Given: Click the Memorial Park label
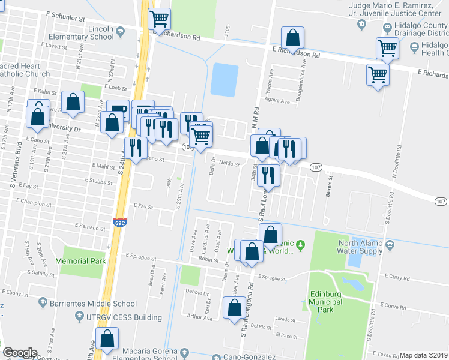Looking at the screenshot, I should pos(80,261).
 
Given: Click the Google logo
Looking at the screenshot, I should pos(20,353).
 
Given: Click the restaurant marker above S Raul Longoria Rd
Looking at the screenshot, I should pos(268,176).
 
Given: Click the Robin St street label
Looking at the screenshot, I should pos(207,259).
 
